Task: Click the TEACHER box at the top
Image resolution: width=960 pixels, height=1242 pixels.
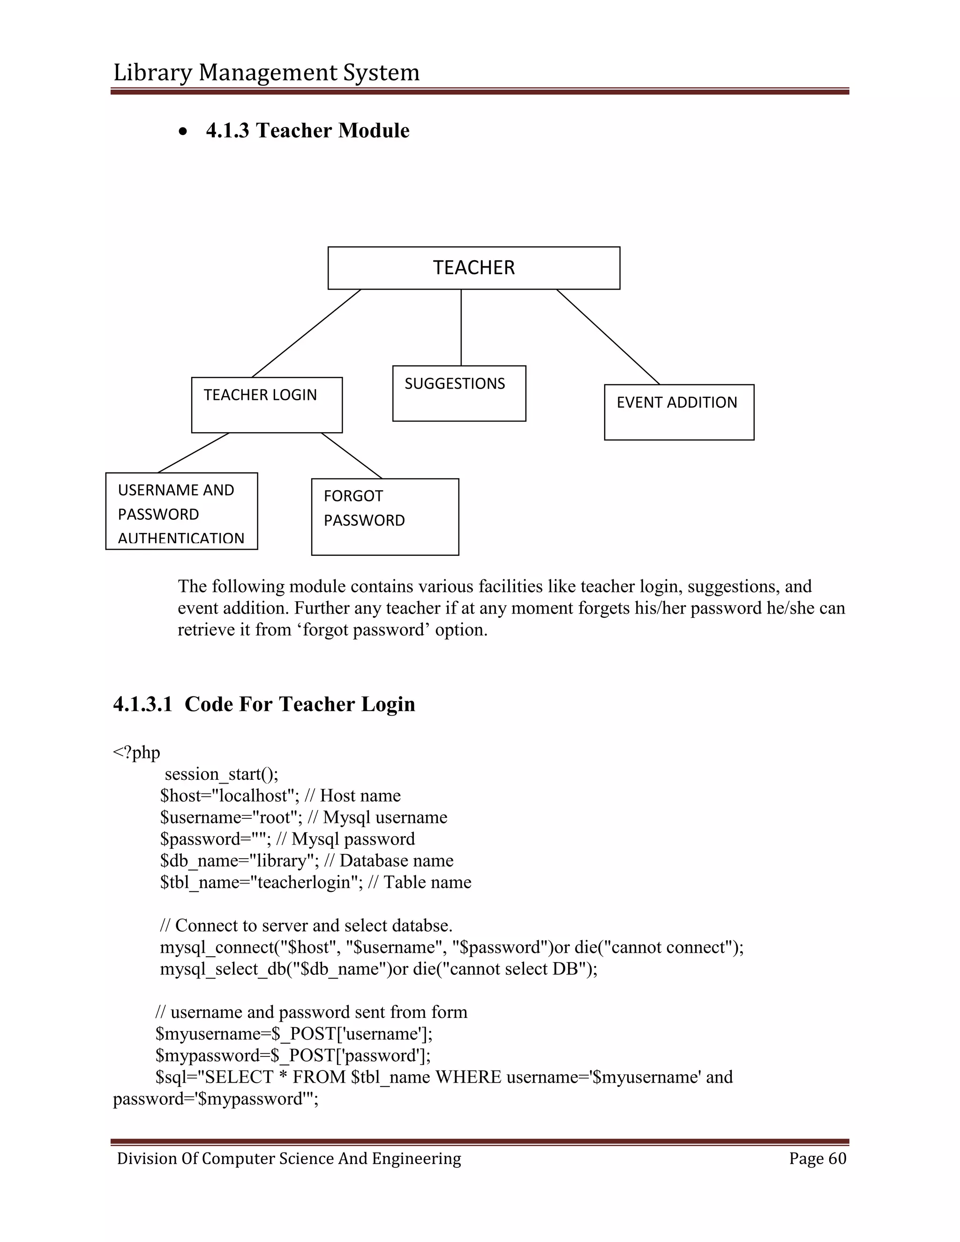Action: point(474,268)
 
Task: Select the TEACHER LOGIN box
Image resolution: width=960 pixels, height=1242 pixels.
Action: point(267,405)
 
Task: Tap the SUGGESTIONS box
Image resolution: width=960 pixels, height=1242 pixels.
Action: point(459,394)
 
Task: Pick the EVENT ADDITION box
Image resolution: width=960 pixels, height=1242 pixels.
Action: point(679,412)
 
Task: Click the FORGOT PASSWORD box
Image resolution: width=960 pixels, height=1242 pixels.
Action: point(385,516)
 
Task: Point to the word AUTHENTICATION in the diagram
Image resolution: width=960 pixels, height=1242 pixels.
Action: point(181,538)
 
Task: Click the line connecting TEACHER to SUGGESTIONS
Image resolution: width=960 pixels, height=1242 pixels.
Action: point(461,328)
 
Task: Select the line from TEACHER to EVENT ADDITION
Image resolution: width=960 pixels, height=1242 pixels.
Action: point(608,337)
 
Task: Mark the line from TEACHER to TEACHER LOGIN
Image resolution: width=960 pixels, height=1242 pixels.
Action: point(307,333)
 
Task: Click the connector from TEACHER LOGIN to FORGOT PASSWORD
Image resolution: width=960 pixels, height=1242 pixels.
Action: point(352,456)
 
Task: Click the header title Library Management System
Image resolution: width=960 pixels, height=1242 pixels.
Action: point(266,72)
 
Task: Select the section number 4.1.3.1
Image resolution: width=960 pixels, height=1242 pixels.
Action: point(142,704)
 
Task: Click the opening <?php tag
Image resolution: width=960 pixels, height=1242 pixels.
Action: point(136,752)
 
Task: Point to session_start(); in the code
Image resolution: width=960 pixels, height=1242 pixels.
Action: point(221,774)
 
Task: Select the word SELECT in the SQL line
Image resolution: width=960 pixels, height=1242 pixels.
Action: point(239,1077)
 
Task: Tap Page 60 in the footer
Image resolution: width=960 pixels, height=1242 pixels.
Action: point(817,1159)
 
